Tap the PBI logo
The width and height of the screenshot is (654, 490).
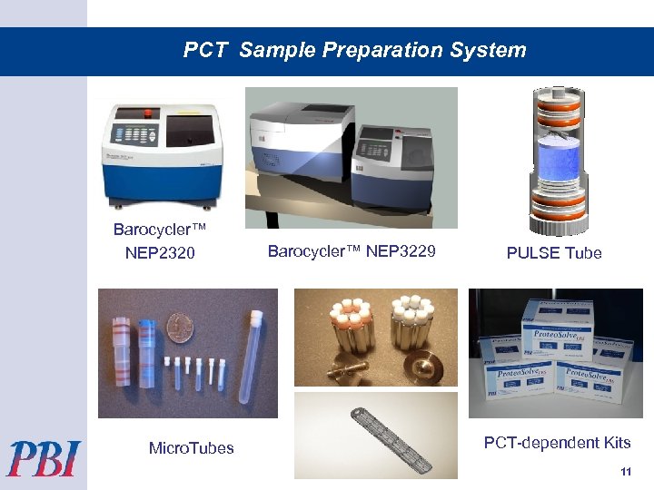[x=44, y=458]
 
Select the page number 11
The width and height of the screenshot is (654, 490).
[x=625, y=472]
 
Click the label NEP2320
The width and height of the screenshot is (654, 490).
[x=160, y=253]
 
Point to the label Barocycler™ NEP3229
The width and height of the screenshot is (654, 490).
[x=352, y=251]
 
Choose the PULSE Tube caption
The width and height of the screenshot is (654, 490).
[x=554, y=253]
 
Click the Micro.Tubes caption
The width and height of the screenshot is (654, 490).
[x=191, y=447]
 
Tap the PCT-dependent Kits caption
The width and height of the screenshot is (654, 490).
[x=557, y=443]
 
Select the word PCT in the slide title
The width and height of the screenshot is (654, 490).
[x=206, y=50]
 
